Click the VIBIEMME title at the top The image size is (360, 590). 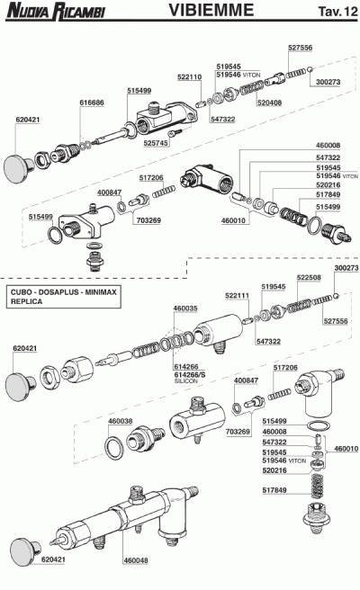(211, 10)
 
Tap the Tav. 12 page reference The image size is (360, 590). (337, 12)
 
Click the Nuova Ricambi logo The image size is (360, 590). (56, 11)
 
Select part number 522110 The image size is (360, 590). (189, 76)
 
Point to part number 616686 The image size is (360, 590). (92, 103)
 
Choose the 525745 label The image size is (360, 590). (156, 143)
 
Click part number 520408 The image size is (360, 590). (269, 103)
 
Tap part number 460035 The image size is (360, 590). (185, 308)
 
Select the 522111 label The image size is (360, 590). (238, 296)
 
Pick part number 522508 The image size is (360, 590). (309, 277)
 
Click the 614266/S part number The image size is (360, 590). (190, 374)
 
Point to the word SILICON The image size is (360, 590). (185, 380)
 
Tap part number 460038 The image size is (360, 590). (120, 421)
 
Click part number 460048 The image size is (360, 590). (136, 560)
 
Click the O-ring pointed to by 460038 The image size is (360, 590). (113, 448)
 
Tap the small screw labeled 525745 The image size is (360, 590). (175, 132)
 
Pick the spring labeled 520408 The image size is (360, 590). (250, 90)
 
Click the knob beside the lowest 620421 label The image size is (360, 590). (24, 551)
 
